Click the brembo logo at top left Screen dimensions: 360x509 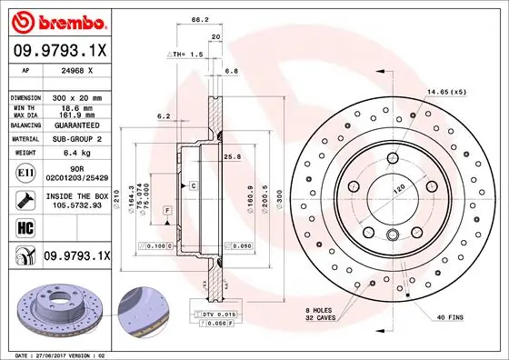pyautogui.click(x=59, y=20)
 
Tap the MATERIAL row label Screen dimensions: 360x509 pyautogui.click(x=25, y=139)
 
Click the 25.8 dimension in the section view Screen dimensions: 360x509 pyautogui.click(x=232, y=157)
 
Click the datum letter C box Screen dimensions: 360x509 pyautogui.click(x=193, y=185)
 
